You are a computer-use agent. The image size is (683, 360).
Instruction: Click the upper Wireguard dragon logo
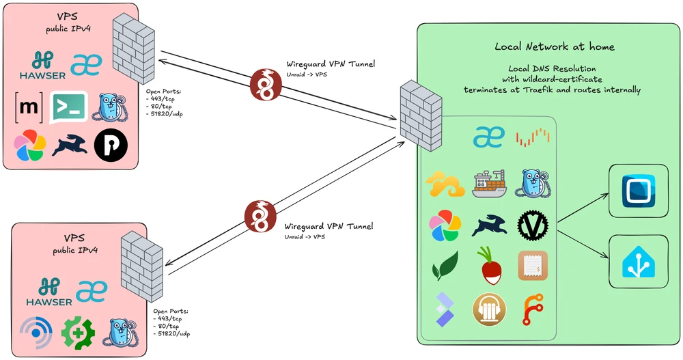coord(266,85)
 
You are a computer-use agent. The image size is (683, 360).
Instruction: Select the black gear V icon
coord(532,225)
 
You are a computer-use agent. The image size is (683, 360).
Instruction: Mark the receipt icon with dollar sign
coord(532,266)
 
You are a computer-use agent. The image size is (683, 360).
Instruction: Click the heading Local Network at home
coord(554,47)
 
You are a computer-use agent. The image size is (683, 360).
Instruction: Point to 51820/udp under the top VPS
coord(165,113)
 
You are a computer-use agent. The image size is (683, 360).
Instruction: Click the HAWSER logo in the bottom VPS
coord(48,292)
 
